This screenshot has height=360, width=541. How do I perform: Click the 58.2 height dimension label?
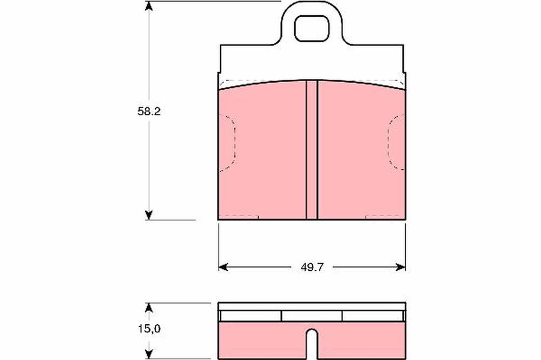point(149,111)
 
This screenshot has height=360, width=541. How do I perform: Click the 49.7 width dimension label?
point(312,267)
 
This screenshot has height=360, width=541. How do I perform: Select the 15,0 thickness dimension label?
point(149,329)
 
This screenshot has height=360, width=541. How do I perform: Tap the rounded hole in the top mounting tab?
point(312,28)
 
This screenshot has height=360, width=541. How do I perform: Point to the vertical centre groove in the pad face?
point(312,150)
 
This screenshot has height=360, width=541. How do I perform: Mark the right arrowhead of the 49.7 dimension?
point(401,267)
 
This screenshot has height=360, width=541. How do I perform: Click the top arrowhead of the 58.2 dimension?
point(149,6)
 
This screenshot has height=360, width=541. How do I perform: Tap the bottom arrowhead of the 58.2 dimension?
point(149,215)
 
